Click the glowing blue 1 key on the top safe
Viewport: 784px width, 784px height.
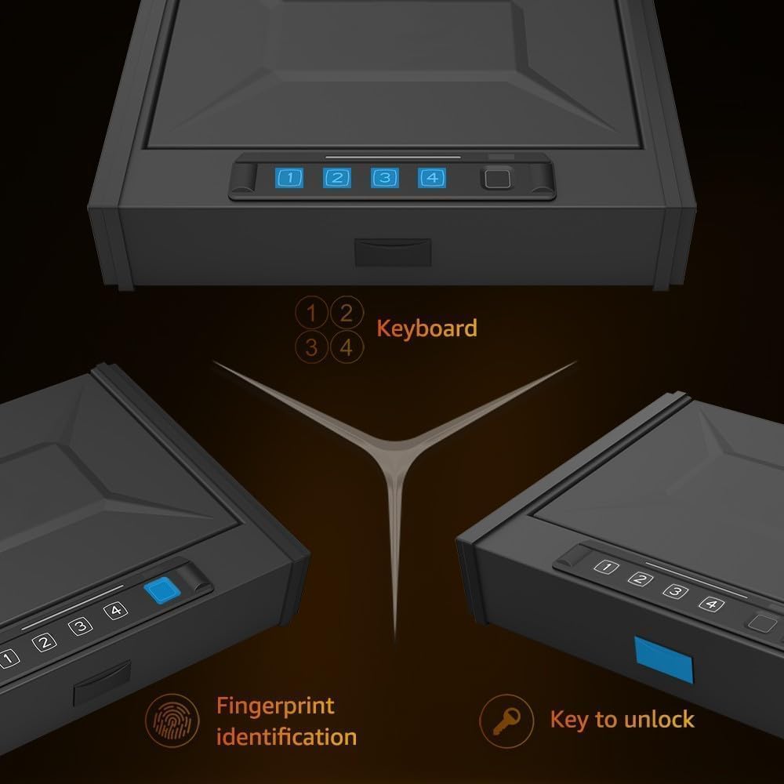(289, 177)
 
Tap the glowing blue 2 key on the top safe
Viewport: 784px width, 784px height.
(337, 177)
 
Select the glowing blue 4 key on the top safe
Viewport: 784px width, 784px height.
(432, 177)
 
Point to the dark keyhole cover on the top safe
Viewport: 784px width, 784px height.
(393, 252)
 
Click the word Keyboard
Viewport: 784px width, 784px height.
(426, 328)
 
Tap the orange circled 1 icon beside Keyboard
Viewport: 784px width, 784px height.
(311, 313)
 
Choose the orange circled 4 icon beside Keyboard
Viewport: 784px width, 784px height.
(347, 347)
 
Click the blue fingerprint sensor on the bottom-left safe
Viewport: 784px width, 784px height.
(162, 590)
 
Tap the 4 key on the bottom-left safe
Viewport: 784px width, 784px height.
(115, 611)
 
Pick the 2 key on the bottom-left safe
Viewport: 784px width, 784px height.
(44, 642)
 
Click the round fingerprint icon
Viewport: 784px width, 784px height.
(172, 720)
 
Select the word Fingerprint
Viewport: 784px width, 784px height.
(275, 706)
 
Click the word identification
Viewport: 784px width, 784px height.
(286, 737)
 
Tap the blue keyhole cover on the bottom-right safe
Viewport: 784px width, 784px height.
(664, 660)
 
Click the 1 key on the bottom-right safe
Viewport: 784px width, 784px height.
(607, 567)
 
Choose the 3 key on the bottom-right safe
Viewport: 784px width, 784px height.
(676, 591)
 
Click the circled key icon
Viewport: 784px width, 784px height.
(506, 721)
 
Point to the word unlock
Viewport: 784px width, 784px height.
(659, 720)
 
